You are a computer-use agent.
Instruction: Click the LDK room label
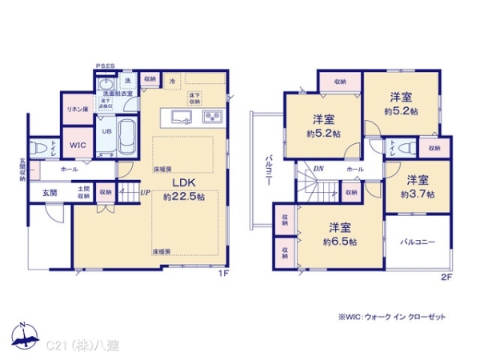click(181, 181)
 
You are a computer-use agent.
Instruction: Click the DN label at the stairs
click(318, 169)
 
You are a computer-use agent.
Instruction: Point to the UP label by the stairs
click(146, 193)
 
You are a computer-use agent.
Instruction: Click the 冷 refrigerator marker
click(174, 81)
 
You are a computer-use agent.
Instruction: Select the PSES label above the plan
click(104, 66)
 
